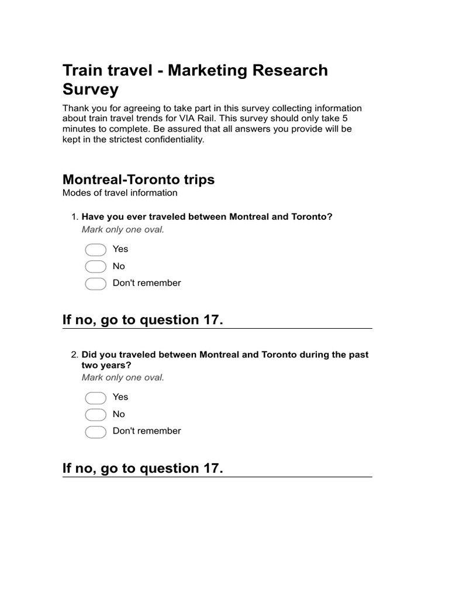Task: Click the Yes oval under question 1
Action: click(x=96, y=250)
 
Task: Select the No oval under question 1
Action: click(x=96, y=267)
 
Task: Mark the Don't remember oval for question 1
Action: click(x=96, y=284)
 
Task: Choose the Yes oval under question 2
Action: click(x=96, y=398)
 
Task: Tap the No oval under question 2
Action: click(x=96, y=415)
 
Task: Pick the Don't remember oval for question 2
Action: click(x=96, y=432)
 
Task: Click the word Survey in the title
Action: click(x=91, y=89)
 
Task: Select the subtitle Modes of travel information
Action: click(x=120, y=192)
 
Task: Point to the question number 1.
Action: click(x=74, y=217)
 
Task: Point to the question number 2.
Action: click(x=74, y=355)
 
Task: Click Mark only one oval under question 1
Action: click(x=123, y=229)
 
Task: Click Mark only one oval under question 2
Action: click(x=123, y=377)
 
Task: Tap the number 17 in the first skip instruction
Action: click(x=210, y=320)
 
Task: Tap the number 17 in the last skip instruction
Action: click(x=210, y=469)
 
